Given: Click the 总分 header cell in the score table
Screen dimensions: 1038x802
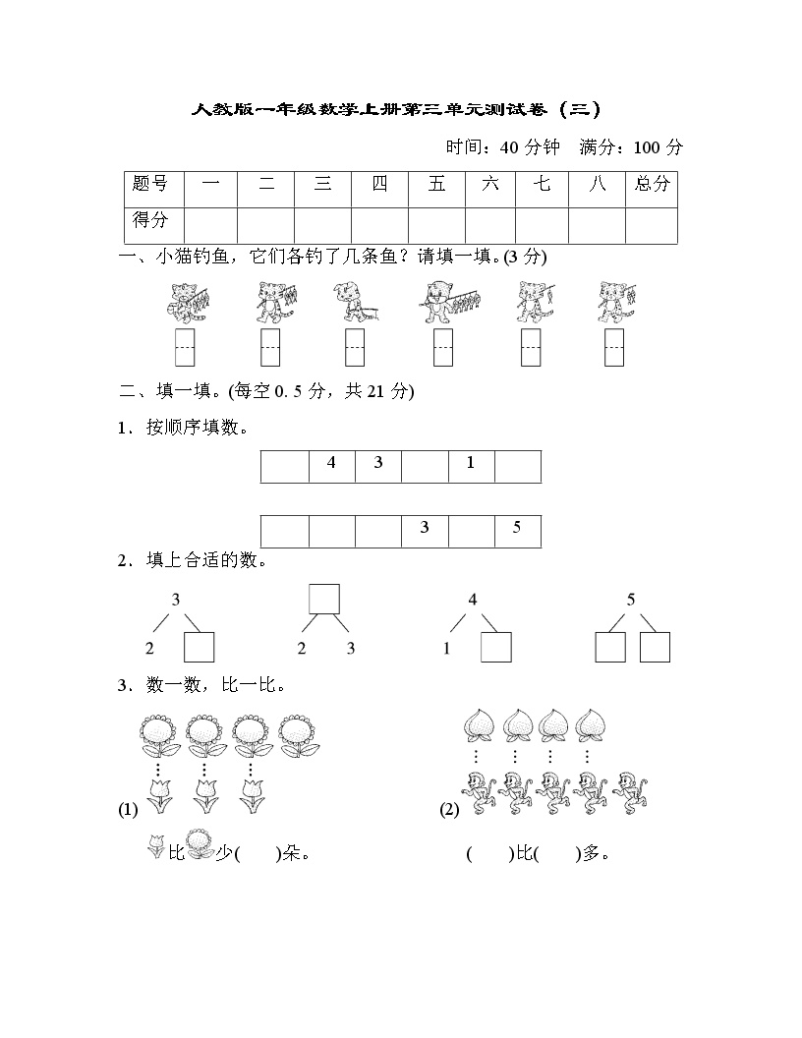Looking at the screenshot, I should (x=652, y=184).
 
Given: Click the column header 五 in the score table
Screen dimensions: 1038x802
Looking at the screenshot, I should (x=436, y=184).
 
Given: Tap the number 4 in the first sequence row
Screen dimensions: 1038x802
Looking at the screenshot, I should (x=331, y=463).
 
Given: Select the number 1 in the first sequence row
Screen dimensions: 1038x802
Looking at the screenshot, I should (x=471, y=463).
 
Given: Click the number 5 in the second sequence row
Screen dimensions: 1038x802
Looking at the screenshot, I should (x=517, y=528).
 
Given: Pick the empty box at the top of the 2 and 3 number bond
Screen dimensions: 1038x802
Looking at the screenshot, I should (x=324, y=599).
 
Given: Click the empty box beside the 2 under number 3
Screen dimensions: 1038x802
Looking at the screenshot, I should (x=200, y=648).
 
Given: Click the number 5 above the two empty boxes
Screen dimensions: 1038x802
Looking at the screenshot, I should (x=631, y=600).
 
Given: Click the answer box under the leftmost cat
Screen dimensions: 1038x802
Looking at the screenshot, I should (x=185, y=347).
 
